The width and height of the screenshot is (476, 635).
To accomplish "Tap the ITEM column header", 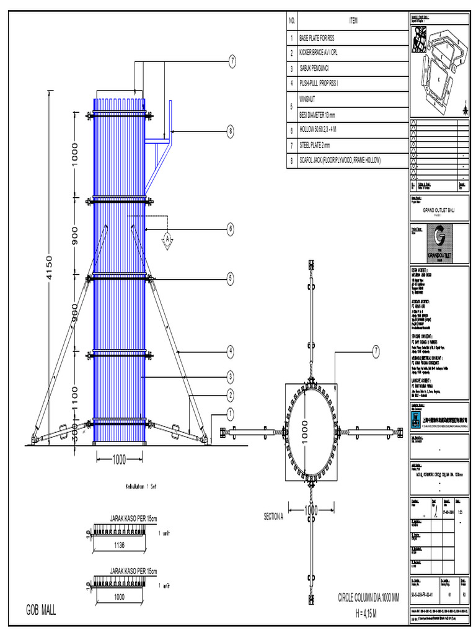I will tap(353, 20).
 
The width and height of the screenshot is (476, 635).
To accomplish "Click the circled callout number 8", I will tap(230, 131).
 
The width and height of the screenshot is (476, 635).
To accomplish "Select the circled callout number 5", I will tap(230, 278).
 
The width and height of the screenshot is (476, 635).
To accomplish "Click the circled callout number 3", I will tap(230, 376).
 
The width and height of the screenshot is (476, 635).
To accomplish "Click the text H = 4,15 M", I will tap(358, 613).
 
